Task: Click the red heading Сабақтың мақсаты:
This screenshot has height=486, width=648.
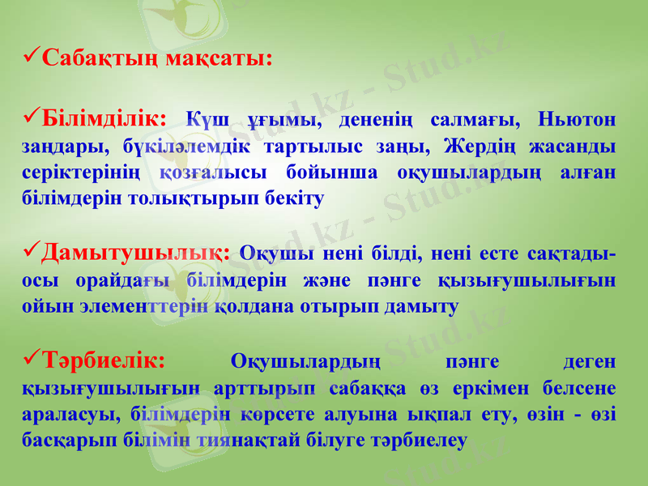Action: coord(156,59)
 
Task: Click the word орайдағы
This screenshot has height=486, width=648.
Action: coord(122,281)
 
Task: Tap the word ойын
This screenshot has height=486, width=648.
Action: coord(45,307)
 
